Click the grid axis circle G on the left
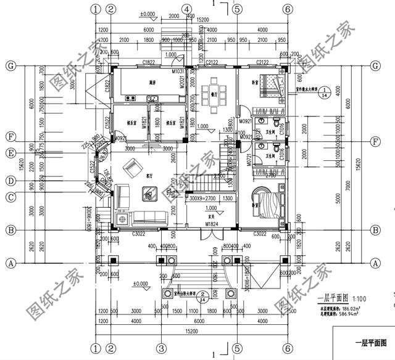click(10, 65)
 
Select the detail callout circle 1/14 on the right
click(328, 92)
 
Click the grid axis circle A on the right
click(374, 262)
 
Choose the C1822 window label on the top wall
click(148, 62)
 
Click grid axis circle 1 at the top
click(95, 9)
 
